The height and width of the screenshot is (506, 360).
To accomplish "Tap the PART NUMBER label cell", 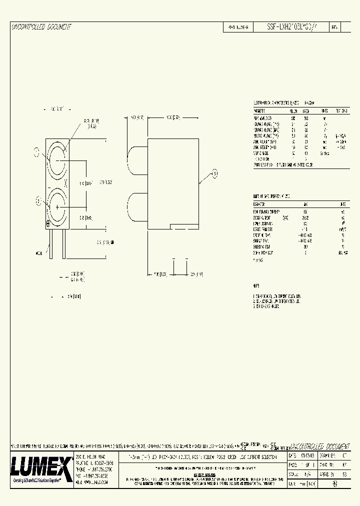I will click(x=237, y=28).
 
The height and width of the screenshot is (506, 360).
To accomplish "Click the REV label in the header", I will click(x=335, y=28).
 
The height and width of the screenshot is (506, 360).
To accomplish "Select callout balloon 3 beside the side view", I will click(x=215, y=173).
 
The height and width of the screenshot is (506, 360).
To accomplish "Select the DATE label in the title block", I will click(x=292, y=456).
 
